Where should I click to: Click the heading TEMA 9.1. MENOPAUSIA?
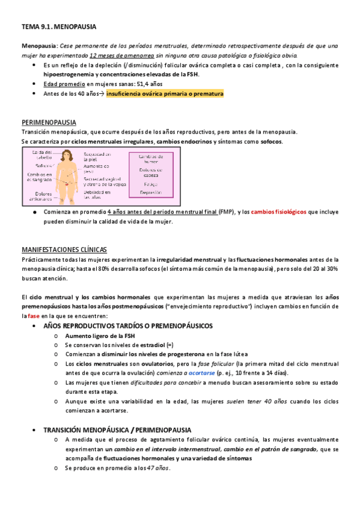59,28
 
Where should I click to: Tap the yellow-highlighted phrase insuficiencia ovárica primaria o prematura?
165,94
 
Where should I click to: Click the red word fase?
34,316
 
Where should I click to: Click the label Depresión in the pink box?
151,192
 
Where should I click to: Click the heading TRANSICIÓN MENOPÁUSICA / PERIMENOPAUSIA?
118,430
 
